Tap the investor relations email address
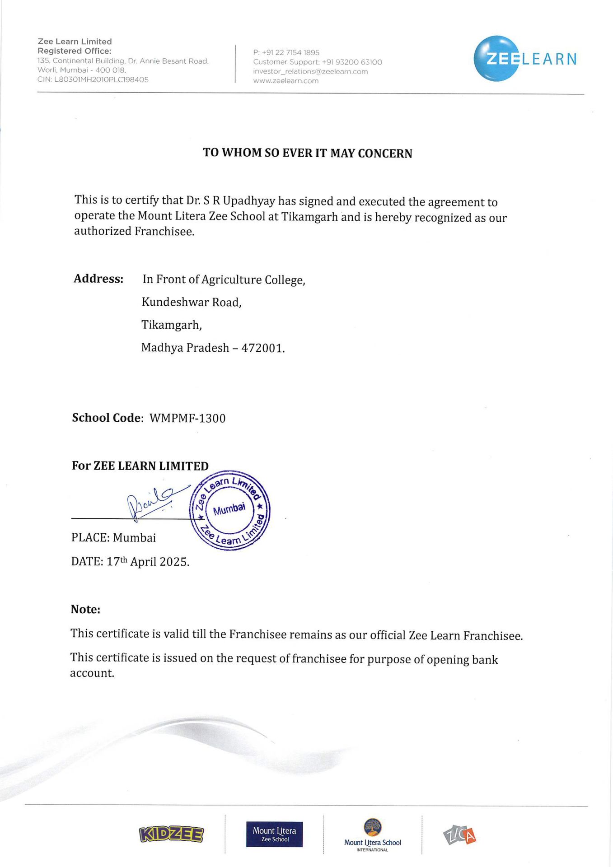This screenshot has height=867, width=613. click(x=310, y=71)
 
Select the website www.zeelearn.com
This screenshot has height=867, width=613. click(x=286, y=81)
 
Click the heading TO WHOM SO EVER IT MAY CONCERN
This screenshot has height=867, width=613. click(x=307, y=153)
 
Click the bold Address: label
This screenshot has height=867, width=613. click(x=98, y=279)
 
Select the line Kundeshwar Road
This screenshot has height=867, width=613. click(x=192, y=302)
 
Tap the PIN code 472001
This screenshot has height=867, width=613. click(x=262, y=348)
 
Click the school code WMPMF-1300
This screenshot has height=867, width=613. click(x=187, y=418)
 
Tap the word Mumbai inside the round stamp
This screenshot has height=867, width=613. click(x=229, y=509)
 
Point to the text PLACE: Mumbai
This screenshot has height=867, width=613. click(x=113, y=538)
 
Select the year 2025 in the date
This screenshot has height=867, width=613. click(x=174, y=562)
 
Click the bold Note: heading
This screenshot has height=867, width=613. click(x=85, y=610)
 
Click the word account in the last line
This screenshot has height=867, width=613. click(x=92, y=673)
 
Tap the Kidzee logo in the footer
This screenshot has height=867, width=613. click(x=171, y=834)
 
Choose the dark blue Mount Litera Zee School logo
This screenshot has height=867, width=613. click(x=274, y=834)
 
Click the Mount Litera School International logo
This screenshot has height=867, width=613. click(x=372, y=835)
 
